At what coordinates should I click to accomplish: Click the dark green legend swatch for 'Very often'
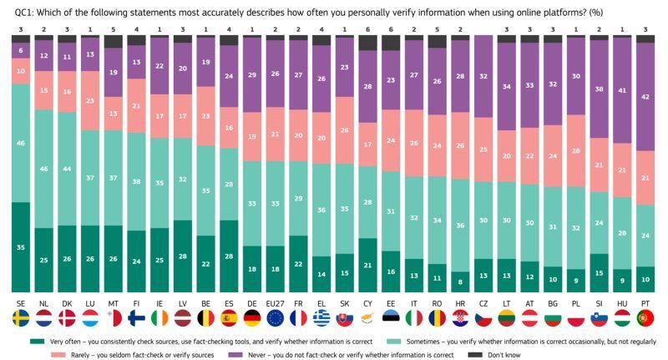point(35,341)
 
